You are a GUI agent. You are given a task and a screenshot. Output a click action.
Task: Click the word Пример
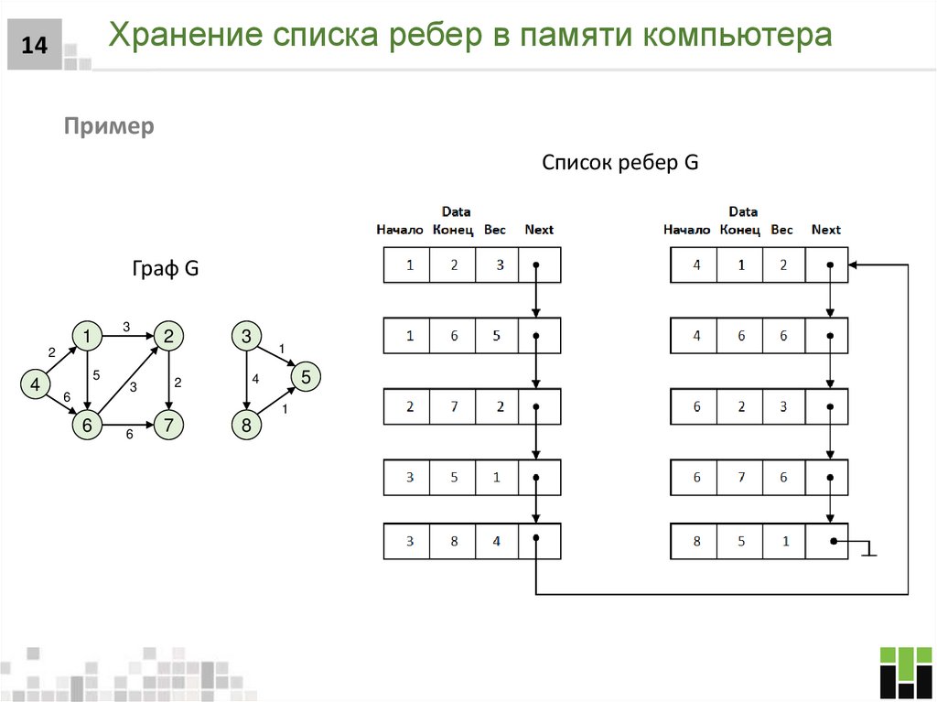[x=109, y=126]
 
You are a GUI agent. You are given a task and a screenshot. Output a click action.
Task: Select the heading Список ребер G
[x=619, y=163]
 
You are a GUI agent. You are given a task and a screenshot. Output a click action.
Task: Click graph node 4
[x=35, y=385]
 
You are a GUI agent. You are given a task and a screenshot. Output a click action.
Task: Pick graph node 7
[x=168, y=426]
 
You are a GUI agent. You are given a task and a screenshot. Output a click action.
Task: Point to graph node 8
[x=246, y=426]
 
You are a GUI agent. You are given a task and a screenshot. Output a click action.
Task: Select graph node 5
[x=306, y=376]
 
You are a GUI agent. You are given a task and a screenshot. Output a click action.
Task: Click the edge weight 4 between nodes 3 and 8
[x=256, y=378]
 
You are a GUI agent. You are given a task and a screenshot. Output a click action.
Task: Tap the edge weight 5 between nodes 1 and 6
[x=96, y=373]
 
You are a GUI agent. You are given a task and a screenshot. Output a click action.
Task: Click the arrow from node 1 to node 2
[x=126, y=337]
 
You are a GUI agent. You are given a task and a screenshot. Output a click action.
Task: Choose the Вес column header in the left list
[x=495, y=230]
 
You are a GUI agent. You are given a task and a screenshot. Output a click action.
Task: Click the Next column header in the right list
[x=825, y=230]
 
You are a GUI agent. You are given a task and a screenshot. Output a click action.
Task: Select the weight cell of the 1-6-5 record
[x=496, y=336]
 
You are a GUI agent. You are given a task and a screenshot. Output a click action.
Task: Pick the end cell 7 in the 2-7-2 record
[x=454, y=407]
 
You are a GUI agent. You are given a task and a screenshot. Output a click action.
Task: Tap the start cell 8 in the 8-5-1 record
[x=696, y=541]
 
